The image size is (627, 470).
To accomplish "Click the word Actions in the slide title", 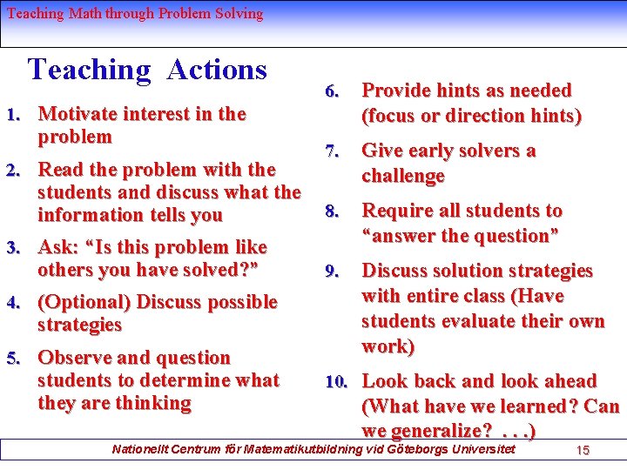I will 217,69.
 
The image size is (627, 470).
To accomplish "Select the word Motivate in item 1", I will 79,114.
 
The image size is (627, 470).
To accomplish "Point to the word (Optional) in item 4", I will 84,302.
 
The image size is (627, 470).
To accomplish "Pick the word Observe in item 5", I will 74,358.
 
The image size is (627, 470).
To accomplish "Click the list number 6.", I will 331,91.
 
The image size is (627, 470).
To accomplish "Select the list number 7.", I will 331,151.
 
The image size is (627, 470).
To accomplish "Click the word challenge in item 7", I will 403,176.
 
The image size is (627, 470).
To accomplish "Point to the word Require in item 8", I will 398,211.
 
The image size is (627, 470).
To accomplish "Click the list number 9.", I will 331,272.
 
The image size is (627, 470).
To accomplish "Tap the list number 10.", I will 336,382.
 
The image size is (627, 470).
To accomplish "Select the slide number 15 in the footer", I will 583,450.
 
